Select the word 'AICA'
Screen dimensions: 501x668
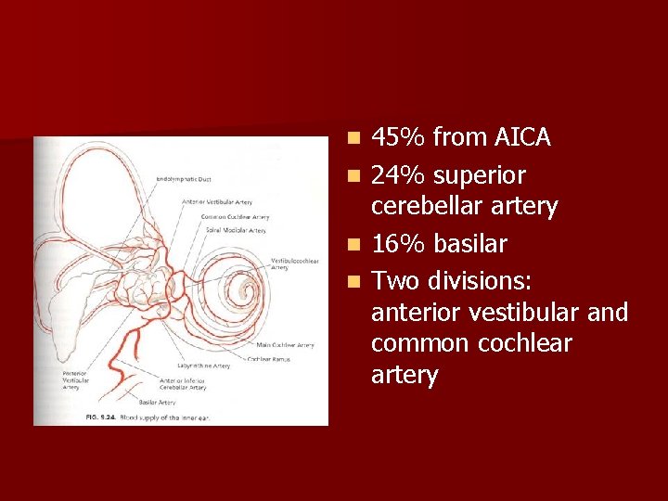521,138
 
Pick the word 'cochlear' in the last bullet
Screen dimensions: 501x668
527,343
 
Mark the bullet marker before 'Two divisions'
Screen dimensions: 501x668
353,280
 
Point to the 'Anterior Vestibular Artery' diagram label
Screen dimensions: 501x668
218,201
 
